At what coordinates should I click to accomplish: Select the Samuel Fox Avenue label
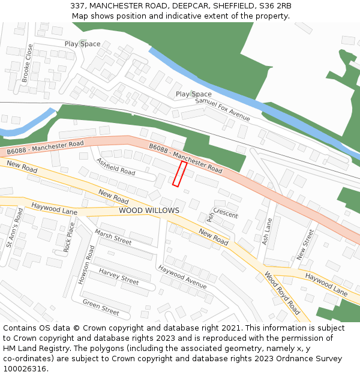click(222, 109)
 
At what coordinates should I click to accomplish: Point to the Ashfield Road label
click(116, 166)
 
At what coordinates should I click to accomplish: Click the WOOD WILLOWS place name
click(149, 211)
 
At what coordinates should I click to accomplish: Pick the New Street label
click(305, 245)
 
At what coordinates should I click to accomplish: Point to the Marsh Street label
click(113, 238)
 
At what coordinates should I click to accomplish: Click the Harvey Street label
click(119, 277)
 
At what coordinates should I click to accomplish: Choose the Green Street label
click(101, 307)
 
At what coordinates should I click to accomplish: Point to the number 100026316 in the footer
click(25, 369)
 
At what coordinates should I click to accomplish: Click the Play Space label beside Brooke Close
click(82, 44)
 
